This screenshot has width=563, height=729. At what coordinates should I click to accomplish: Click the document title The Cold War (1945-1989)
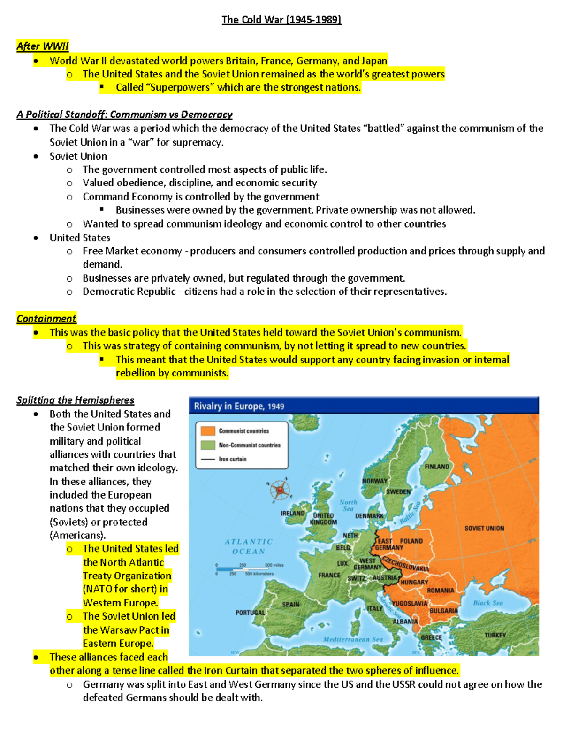pos(281,20)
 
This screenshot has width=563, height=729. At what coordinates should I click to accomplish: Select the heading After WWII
pos(43,46)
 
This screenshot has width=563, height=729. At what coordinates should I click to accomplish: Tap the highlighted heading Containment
pos(46,319)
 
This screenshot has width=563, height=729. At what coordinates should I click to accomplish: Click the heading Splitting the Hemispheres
pos(75,400)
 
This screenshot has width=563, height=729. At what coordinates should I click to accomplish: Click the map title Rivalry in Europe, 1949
pos(239,406)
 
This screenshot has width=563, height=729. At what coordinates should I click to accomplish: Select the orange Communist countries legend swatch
pos(208,431)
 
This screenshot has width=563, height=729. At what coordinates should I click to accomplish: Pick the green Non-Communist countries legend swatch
pos(208,445)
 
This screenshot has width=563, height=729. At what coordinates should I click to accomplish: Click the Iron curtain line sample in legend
pos(208,459)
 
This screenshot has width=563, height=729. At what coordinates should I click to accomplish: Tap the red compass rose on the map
pos(280,491)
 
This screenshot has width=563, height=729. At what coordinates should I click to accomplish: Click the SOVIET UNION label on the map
pos(484,529)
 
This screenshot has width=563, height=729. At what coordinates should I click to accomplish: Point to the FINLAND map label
pos(437,467)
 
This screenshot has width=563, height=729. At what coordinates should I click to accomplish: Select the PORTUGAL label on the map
pos(250,613)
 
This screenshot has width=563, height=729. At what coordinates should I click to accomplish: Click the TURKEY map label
pos(495,635)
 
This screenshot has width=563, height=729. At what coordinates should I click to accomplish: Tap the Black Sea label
pos(488,603)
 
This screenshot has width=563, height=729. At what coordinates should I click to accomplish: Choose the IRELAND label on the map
pos(292,514)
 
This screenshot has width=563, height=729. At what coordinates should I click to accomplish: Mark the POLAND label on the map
pos(411,541)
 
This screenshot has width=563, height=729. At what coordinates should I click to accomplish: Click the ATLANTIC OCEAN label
pos(249,546)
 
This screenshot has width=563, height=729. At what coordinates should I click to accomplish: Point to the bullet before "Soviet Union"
pos(36,156)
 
